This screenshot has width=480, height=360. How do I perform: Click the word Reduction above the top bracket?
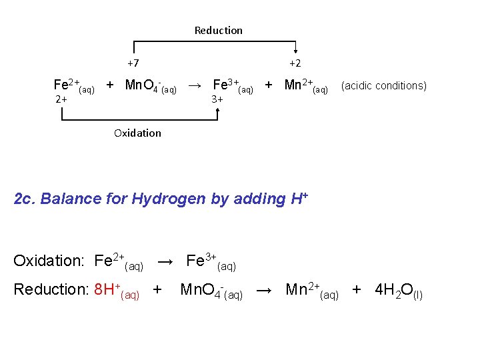(x=218, y=30)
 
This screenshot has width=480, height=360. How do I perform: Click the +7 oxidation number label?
(x=133, y=63)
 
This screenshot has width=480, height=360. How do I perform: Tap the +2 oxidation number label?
(x=295, y=63)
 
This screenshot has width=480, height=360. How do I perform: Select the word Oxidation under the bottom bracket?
(x=137, y=133)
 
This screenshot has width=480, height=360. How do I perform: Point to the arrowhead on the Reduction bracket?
(x=295, y=53)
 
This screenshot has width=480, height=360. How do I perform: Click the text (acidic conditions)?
(x=383, y=85)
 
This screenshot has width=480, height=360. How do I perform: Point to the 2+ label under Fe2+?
(x=61, y=99)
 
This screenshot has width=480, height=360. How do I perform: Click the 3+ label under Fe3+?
(x=217, y=99)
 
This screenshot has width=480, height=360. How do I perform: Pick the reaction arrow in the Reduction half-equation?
(x=264, y=290)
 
